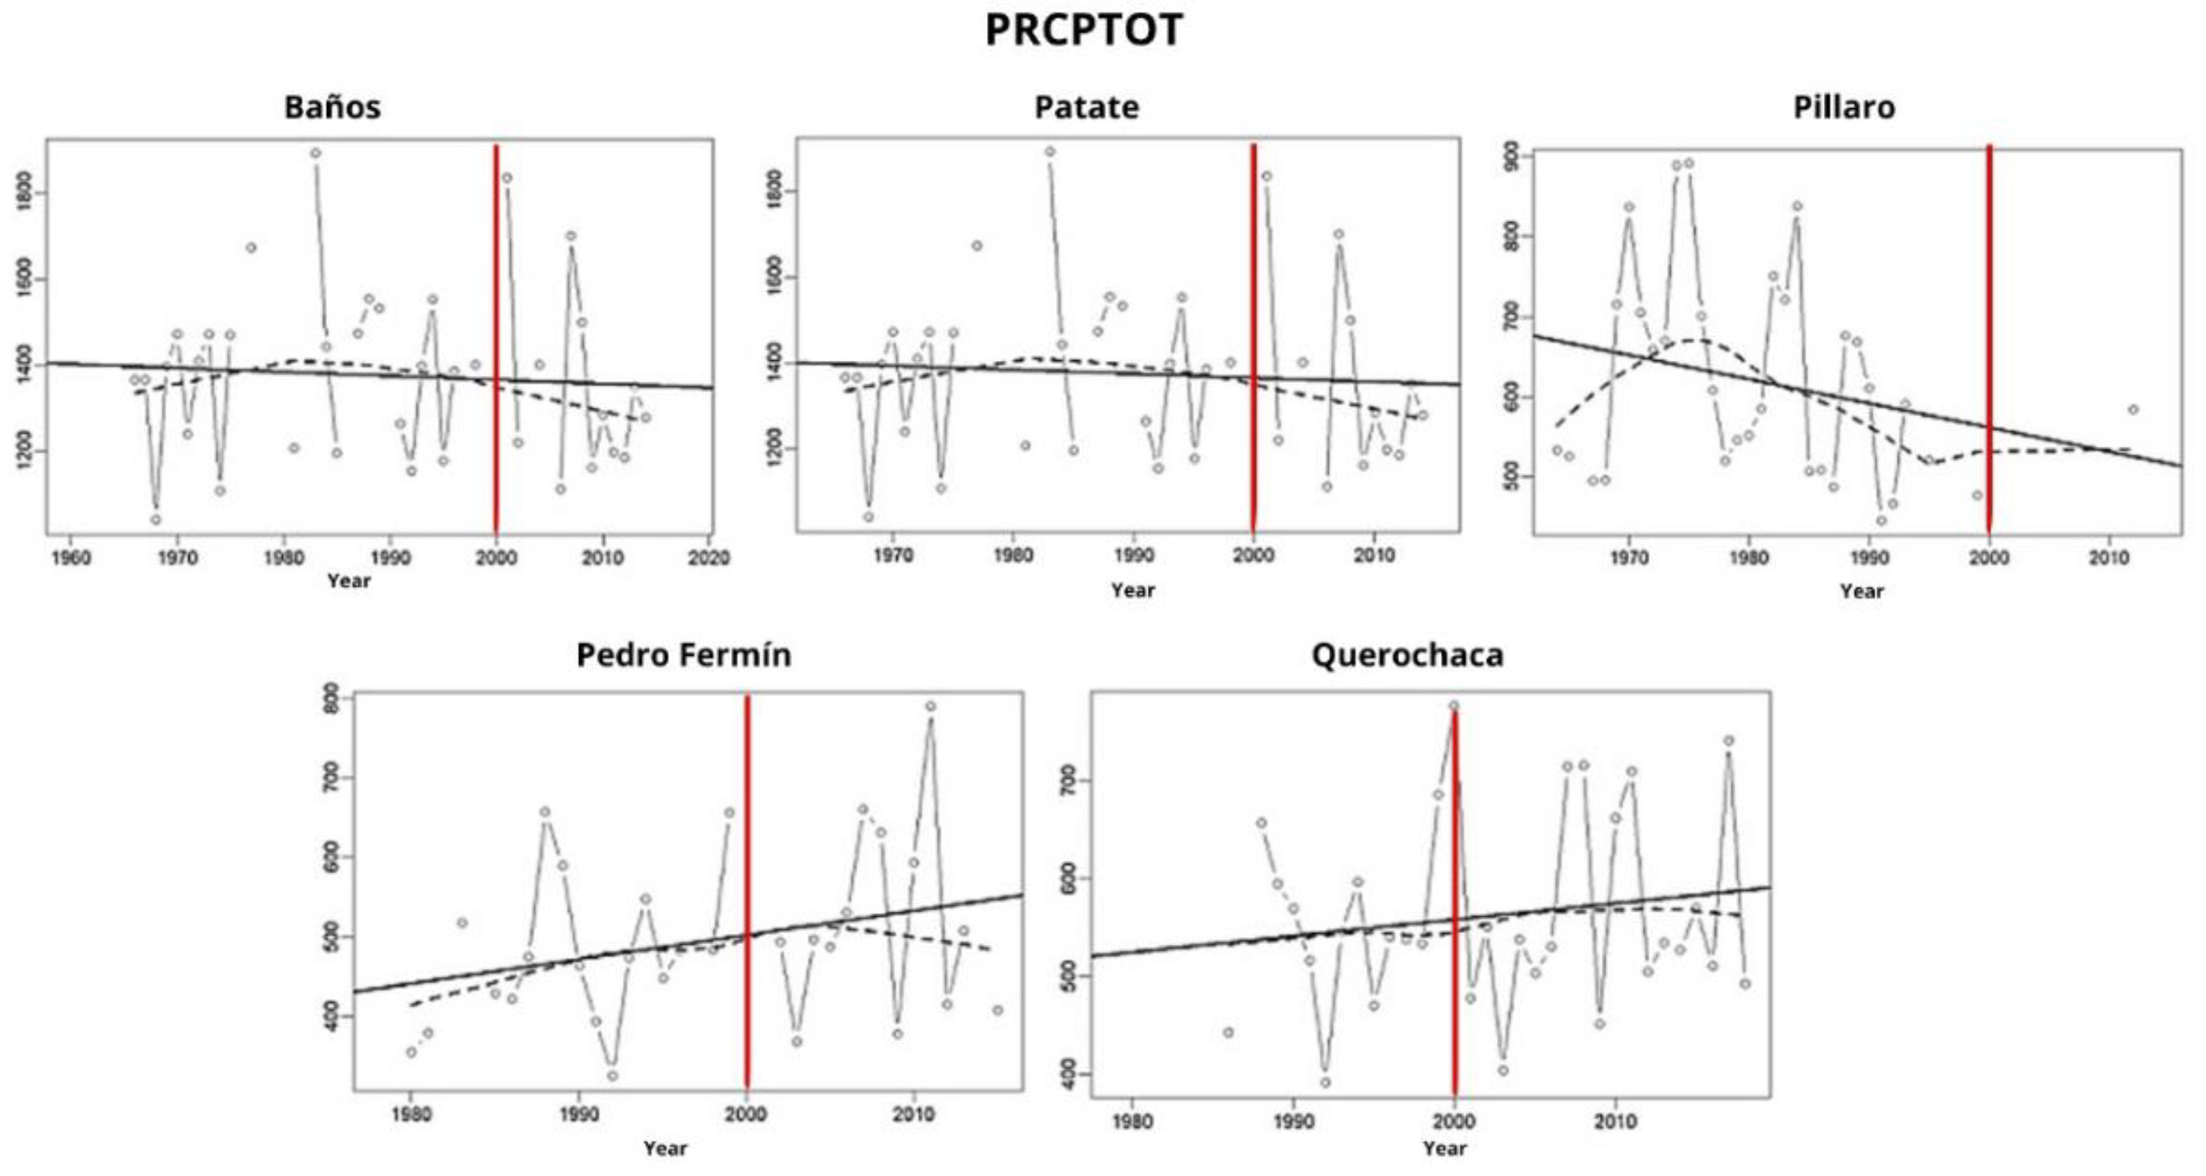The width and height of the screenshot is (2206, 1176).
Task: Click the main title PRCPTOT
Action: [1083, 31]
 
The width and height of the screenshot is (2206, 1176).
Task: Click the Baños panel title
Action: [333, 108]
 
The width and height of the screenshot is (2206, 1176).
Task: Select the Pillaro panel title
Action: [1843, 108]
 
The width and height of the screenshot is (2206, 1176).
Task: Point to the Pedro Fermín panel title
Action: [683, 656]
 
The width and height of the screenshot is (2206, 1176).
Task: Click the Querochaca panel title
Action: [1407, 656]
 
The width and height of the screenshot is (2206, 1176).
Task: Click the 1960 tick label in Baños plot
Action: [71, 558]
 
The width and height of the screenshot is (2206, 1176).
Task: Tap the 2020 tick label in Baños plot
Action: [708, 558]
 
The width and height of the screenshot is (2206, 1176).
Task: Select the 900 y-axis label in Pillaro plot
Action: [1512, 156]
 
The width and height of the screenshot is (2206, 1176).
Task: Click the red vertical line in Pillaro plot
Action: [1989, 342]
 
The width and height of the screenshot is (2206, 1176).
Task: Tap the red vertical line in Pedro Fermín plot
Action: [747, 890]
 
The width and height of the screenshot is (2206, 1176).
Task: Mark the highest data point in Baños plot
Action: [315, 153]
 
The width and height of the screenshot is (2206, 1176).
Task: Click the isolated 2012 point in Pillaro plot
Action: [2133, 410]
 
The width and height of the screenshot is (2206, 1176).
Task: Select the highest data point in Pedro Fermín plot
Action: [930, 707]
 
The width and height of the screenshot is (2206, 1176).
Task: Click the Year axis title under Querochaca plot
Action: [1444, 1149]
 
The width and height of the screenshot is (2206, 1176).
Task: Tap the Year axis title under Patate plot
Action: [1132, 591]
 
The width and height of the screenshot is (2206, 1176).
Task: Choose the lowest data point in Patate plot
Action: [868, 517]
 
